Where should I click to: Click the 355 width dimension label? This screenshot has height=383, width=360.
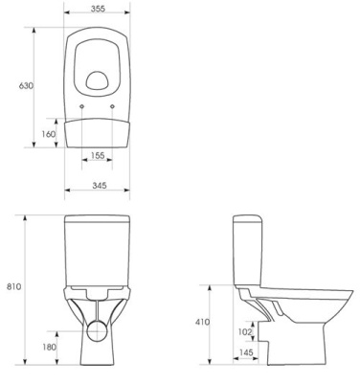(x=98, y=9)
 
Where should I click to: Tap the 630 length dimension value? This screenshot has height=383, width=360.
(x=26, y=86)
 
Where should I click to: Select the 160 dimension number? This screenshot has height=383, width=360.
(x=49, y=134)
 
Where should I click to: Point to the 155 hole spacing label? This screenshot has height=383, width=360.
(x=98, y=155)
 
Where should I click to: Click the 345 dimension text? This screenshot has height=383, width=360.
(x=100, y=185)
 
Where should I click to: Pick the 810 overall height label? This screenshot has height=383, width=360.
(x=14, y=286)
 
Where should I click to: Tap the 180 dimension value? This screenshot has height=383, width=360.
(x=50, y=347)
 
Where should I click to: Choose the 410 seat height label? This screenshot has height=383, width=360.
(x=203, y=323)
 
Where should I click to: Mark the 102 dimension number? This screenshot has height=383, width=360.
(x=245, y=332)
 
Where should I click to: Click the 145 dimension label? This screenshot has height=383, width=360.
(x=246, y=352)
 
